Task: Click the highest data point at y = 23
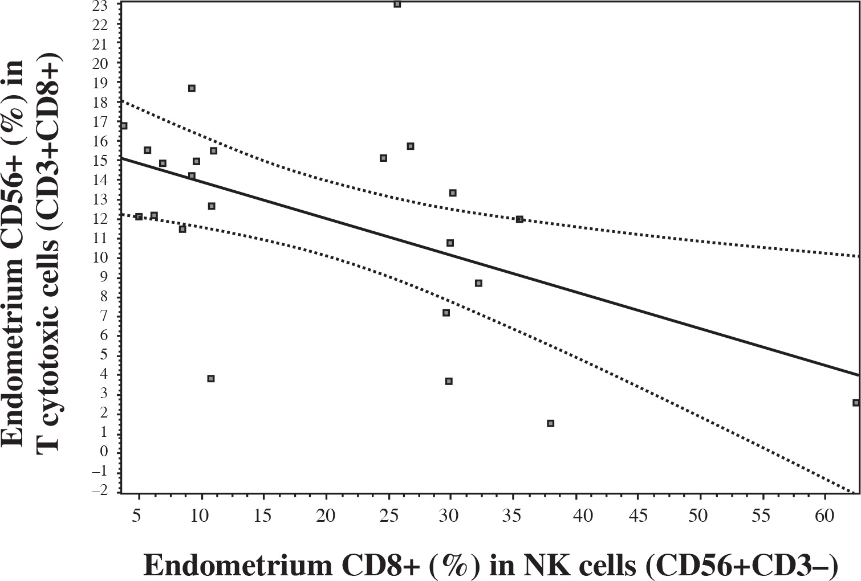click(397, 5)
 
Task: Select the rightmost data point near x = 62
click(855, 403)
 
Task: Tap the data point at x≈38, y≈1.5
click(550, 423)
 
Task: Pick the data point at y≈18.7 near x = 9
click(192, 88)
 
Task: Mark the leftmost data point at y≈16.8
click(124, 126)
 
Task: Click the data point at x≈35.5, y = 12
click(519, 219)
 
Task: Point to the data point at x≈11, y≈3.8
click(210, 379)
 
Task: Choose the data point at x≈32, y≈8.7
click(478, 283)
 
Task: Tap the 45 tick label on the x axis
click(639, 516)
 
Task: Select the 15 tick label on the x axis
click(263, 516)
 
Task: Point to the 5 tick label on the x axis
click(136, 516)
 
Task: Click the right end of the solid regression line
click(858, 375)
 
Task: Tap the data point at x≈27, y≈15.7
click(410, 146)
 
